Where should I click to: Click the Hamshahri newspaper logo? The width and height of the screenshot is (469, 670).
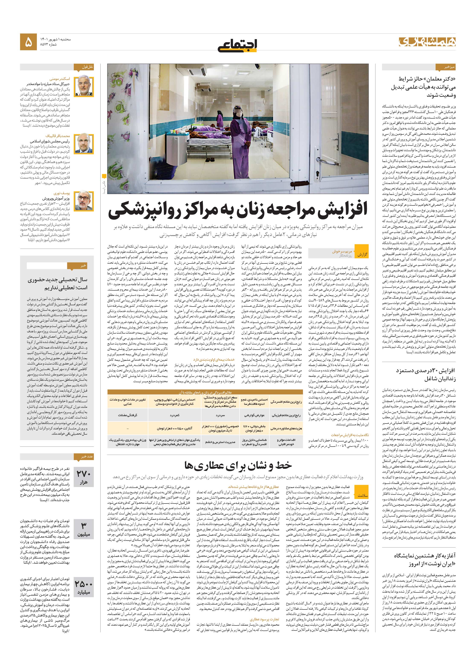(x=427, y=42)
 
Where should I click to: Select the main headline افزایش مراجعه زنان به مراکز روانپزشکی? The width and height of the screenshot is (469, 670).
(x=237, y=212)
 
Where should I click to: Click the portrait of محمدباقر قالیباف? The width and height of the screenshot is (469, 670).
(x=84, y=144)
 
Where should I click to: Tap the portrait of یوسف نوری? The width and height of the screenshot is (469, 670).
(x=84, y=201)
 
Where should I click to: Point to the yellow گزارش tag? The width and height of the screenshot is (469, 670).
(x=362, y=255)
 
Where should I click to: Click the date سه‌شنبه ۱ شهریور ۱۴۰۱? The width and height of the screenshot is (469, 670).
(x=55, y=39)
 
